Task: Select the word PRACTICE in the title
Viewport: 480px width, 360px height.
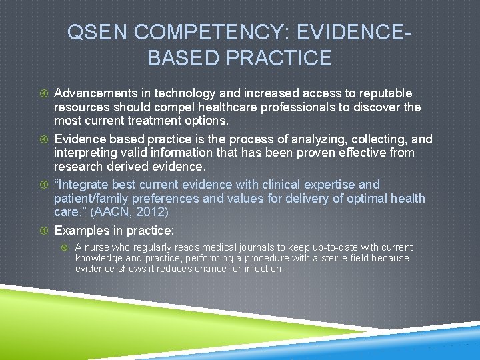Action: click(x=280, y=58)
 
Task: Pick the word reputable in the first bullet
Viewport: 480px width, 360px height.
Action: click(x=379, y=93)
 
